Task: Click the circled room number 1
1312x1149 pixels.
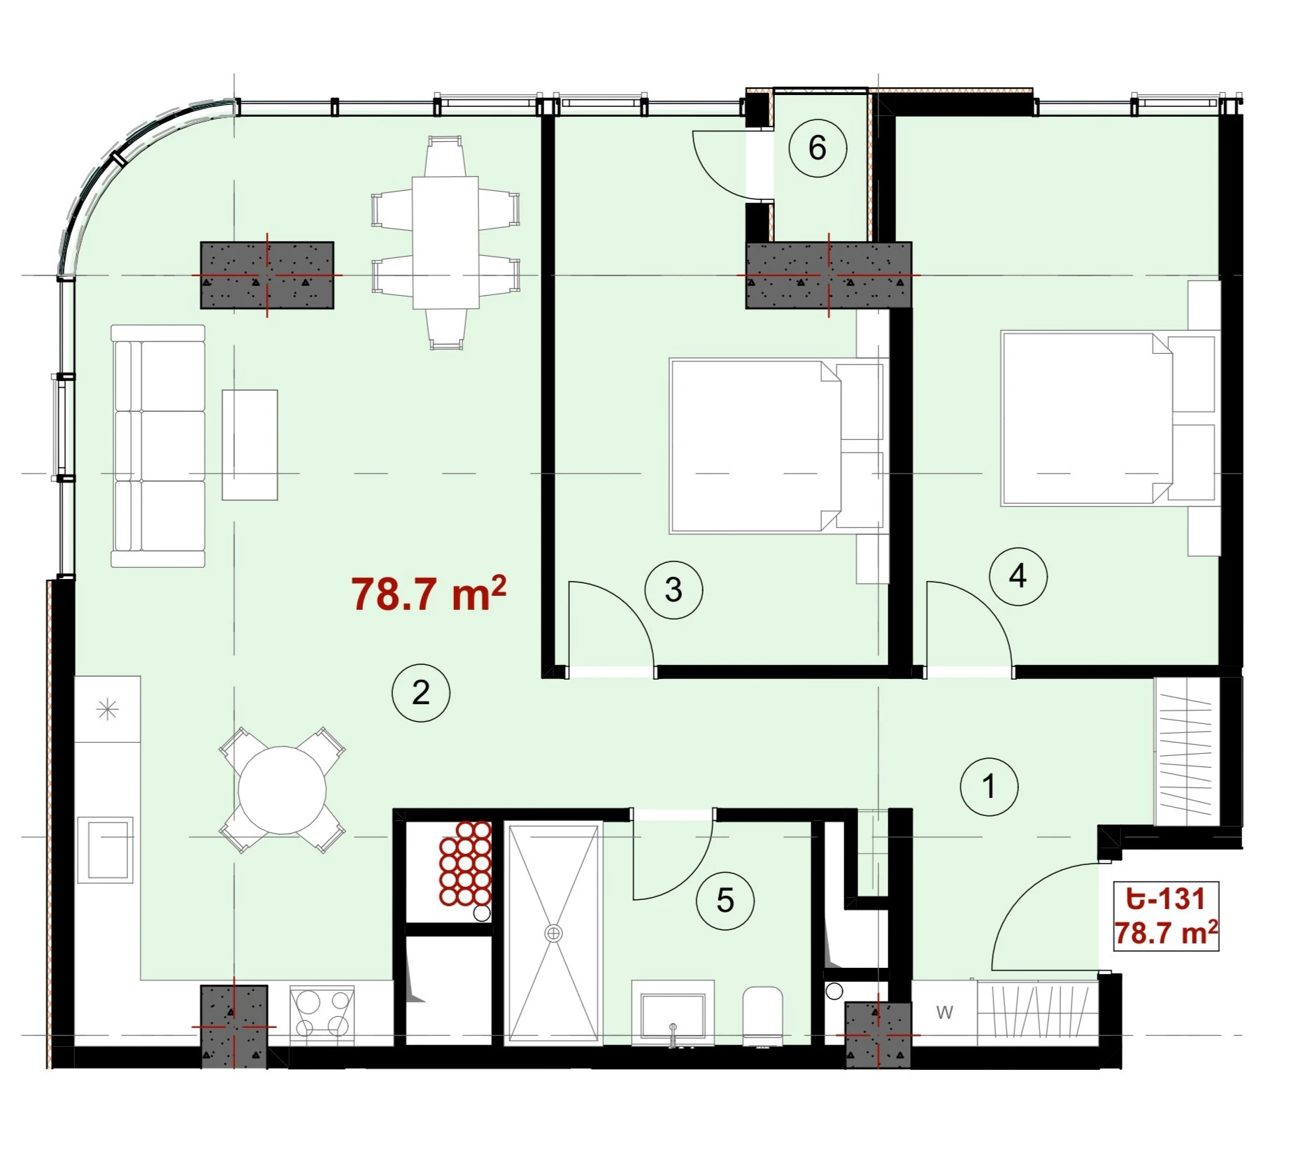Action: (989, 787)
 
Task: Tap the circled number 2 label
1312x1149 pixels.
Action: (421, 693)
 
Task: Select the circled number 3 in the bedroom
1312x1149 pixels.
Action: (673, 590)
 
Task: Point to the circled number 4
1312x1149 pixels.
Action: (1018, 576)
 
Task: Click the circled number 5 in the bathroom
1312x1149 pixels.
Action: (725, 901)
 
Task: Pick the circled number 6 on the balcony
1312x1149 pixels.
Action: (818, 148)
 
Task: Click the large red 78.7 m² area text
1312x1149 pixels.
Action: (428, 595)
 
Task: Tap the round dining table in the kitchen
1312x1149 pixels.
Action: (282, 790)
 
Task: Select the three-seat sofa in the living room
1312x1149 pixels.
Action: (158, 445)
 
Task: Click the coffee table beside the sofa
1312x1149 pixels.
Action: (250, 445)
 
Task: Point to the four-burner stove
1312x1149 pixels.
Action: (322, 1015)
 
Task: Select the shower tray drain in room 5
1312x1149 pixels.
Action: (554, 933)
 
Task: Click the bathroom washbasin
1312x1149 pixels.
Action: (673, 1013)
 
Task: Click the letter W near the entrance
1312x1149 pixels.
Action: (944, 1012)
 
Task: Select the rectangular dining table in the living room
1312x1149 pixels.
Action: (445, 242)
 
